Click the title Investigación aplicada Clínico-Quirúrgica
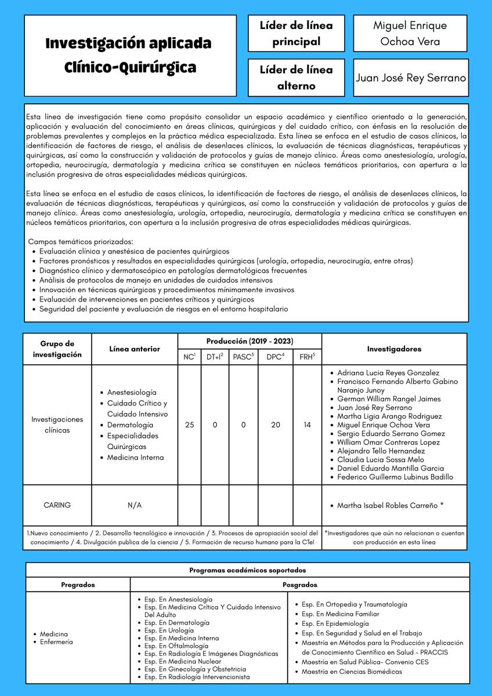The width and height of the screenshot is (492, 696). [129, 55]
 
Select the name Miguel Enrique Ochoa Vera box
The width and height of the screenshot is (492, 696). [410, 33]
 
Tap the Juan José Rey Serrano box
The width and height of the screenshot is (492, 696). [410, 78]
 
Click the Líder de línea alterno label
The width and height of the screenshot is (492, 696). [296, 78]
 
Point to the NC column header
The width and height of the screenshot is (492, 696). [189, 357]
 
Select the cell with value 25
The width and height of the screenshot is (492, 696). [189, 425]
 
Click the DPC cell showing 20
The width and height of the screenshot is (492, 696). [276, 425]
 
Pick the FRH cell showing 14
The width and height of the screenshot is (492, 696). [307, 425]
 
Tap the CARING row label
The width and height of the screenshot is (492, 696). [57, 505]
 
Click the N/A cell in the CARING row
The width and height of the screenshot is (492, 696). [135, 505]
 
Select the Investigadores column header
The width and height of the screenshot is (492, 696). [395, 349]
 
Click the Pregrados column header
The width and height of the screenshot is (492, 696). [78, 585]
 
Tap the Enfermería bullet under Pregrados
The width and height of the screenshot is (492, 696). [56, 642]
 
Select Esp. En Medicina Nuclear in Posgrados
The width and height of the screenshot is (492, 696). [183, 661]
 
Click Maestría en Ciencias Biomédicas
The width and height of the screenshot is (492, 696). [352, 672]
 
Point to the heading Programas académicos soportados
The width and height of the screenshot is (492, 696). [247, 570]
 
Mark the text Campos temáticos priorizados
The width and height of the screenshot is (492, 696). [81, 241]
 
